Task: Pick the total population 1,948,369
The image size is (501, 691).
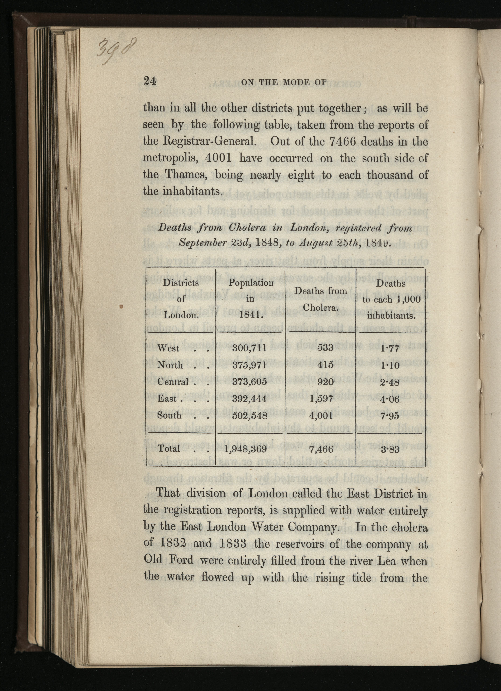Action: (x=246, y=449)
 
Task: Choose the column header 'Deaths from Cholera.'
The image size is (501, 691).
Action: (x=321, y=299)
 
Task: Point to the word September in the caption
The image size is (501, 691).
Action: (x=203, y=243)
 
